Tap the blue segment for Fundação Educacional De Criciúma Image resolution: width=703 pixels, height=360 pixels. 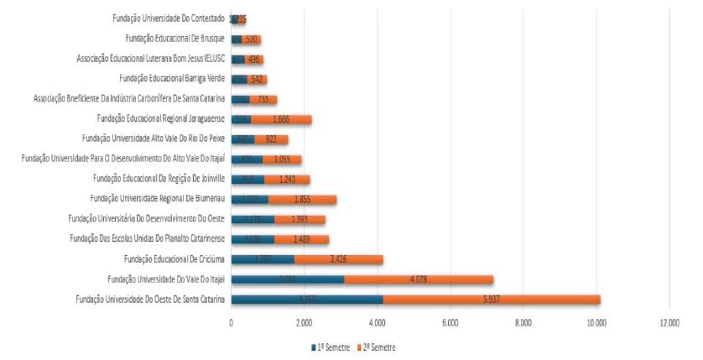pyautogui.click(x=263, y=258)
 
